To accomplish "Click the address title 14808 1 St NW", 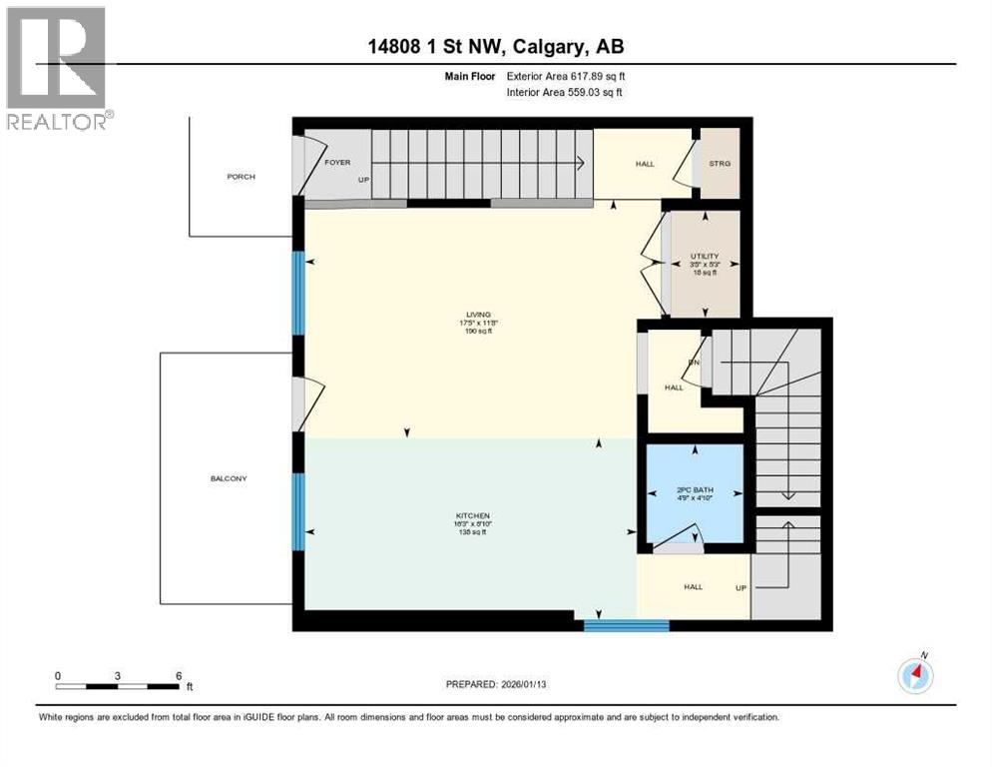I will coord(495,47).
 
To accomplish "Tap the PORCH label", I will coord(241,177).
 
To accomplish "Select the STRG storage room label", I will coord(720,164).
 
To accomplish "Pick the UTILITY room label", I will coord(705,256).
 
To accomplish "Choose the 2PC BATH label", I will coord(695,490).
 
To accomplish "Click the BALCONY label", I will coord(229,478).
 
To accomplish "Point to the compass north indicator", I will coord(915,674).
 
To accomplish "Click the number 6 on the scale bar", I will coord(178,675).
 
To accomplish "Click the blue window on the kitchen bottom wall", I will coord(626,626).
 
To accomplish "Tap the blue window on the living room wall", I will coord(296,293).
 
